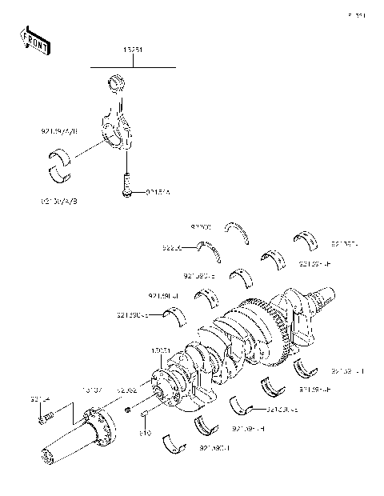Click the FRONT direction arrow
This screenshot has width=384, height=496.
pos(34,41)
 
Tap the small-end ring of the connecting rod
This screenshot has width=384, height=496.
pos(118,81)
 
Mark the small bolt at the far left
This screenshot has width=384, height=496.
pos(46,415)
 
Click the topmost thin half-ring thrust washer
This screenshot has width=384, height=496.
pos(236,230)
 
